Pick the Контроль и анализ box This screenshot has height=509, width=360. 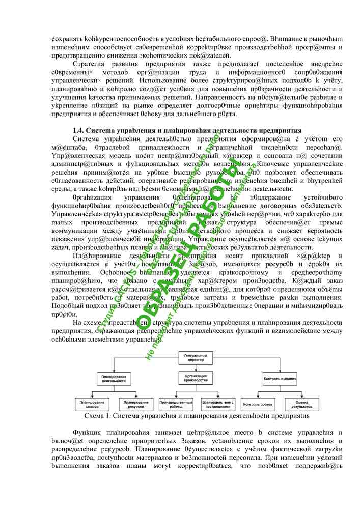click(276, 378)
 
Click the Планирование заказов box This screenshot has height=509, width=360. click(92, 404)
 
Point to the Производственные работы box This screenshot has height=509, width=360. click(176, 404)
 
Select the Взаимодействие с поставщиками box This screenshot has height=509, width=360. click(218, 404)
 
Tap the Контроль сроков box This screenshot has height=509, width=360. click(259, 404)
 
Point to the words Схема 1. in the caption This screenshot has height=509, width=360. click(97, 416)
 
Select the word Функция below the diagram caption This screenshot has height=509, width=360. click(86, 433)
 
